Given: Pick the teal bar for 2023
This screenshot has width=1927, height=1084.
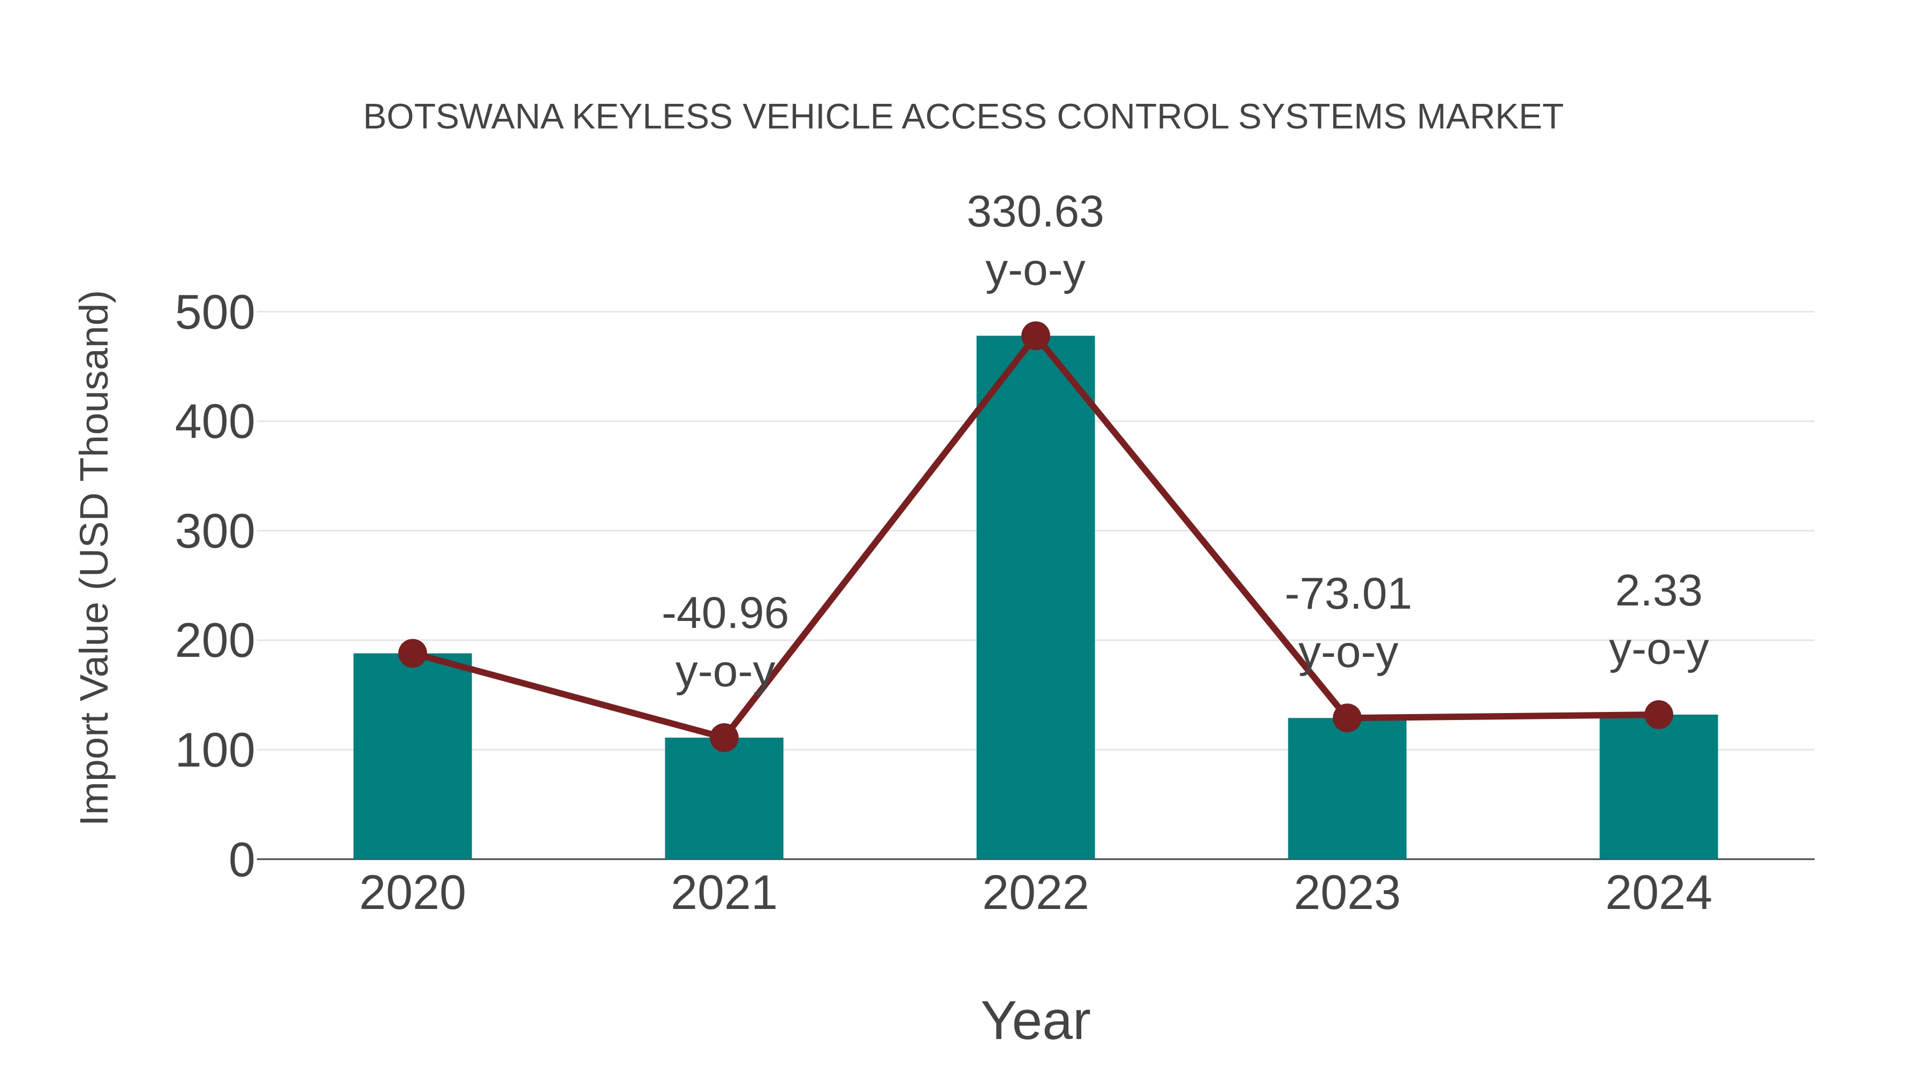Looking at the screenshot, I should pos(1347,789).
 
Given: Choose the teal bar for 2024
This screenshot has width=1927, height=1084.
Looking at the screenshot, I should pos(1658,786).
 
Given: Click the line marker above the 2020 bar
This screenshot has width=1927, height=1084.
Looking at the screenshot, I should pos(412,653).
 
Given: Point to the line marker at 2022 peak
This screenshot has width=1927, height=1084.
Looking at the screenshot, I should pos(1035,336).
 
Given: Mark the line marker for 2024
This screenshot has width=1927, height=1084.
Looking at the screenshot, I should pos(1658,715).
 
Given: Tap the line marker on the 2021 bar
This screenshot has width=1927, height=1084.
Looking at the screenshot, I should pos(723,738).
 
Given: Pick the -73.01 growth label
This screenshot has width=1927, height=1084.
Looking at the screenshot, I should pos(1347,595).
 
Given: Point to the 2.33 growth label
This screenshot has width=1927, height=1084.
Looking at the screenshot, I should pos(1658,591).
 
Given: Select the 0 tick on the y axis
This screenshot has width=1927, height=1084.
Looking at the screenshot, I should pos(241,860).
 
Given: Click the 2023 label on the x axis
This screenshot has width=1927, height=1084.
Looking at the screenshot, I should pos(1347,893).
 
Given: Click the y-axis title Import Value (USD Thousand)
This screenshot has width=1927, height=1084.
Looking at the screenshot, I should pos(95,557).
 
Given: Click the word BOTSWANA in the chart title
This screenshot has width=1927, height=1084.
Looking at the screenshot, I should pos(463,117).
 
